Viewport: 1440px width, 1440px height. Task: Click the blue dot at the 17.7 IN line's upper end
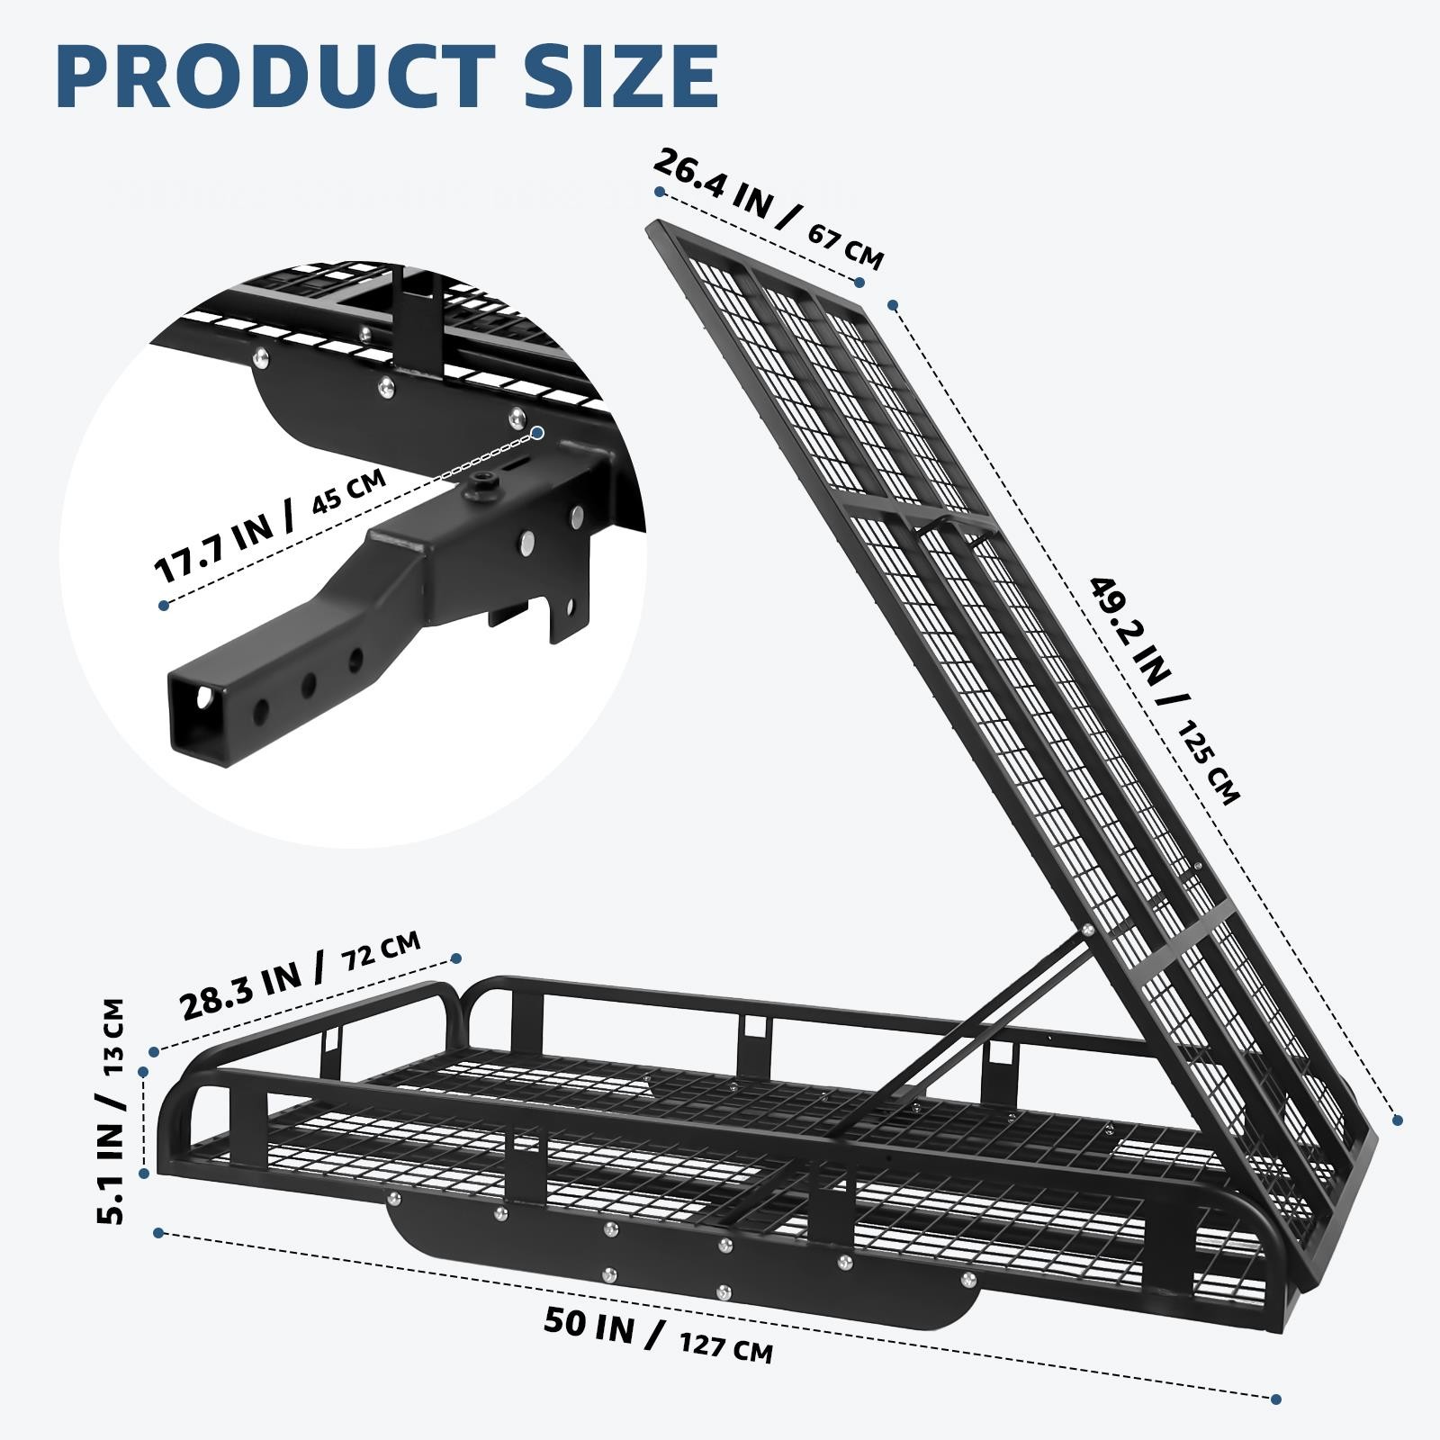(x=537, y=433)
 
